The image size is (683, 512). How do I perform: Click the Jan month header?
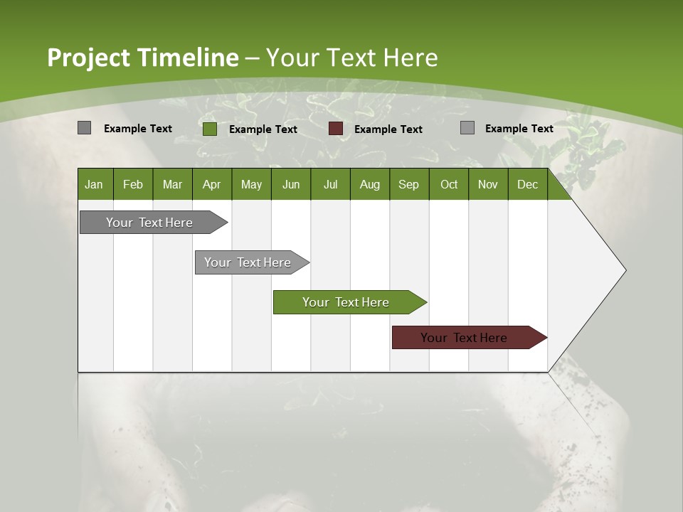click(x=95, y=184)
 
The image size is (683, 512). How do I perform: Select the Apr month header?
click(x=212, y=184)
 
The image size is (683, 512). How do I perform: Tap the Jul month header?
click(x=330, y=184)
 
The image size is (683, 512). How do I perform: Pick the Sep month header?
click(x=408, y=184)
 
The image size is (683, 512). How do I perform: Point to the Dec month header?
click(x=527, y=184)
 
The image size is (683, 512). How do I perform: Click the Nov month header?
click(x=488, y=184)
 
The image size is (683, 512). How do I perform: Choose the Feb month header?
click(x=133, y=184)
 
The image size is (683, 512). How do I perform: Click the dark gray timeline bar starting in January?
click(x=149, y=223)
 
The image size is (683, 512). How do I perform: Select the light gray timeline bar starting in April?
click(x=248, y=262)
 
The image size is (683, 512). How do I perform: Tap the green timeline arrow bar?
click(x=346, y=302)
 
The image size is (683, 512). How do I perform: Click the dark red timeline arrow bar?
click(x=464, y=338)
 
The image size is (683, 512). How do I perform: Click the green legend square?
click(x=209, y=129)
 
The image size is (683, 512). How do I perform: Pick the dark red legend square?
click(x=336, y=129)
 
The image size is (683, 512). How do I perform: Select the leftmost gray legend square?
click(x=84, y=128)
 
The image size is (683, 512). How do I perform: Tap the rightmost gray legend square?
click(x=467, y=128)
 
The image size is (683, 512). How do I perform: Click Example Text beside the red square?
click(x=388, y=129)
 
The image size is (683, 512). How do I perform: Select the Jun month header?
click(x=291, y=184)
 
